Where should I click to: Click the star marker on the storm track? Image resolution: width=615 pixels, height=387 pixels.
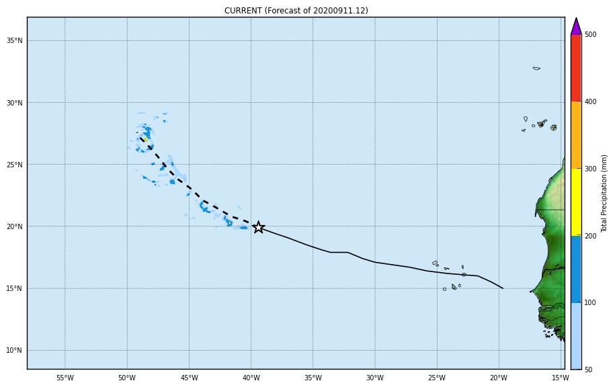[x=258, y=227]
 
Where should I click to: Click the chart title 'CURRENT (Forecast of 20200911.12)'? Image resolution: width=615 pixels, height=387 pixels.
[x=296, y=11]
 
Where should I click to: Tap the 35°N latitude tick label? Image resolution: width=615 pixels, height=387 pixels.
[x=15, y=41]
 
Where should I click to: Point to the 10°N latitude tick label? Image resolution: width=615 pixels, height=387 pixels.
[x=15, y=351]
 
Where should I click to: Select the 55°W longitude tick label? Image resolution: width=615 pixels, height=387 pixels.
[x=65, y=378]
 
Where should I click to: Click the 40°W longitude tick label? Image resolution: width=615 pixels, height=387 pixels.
[x=251, y=378]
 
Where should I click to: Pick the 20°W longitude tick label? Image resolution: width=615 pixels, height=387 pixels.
[x=499, y=378]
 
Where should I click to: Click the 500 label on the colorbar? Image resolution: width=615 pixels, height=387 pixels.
[x=590, y=34]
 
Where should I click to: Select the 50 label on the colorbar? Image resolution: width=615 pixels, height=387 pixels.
[x=589, y=370]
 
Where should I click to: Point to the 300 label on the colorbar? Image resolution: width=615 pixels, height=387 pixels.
[x=590, y=169]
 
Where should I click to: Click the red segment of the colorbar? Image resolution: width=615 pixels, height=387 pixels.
[x=576, y=67]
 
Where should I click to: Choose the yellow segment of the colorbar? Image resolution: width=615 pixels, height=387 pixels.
[x=576, y=202]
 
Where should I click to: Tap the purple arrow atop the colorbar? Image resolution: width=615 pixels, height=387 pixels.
[x=576, y=27]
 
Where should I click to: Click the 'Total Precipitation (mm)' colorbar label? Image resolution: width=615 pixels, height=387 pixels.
[x=604, y=193]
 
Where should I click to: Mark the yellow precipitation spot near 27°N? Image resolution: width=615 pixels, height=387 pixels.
[x=145, y=139]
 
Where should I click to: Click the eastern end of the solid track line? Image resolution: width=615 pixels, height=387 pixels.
[x=503, y=288]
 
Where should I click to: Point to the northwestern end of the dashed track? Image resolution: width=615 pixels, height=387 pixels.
[x=140, y=138]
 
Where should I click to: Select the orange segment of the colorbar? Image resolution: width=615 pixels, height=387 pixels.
[x=576, y=134]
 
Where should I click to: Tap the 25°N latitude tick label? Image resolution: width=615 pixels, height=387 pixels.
[x=15, y=165]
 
